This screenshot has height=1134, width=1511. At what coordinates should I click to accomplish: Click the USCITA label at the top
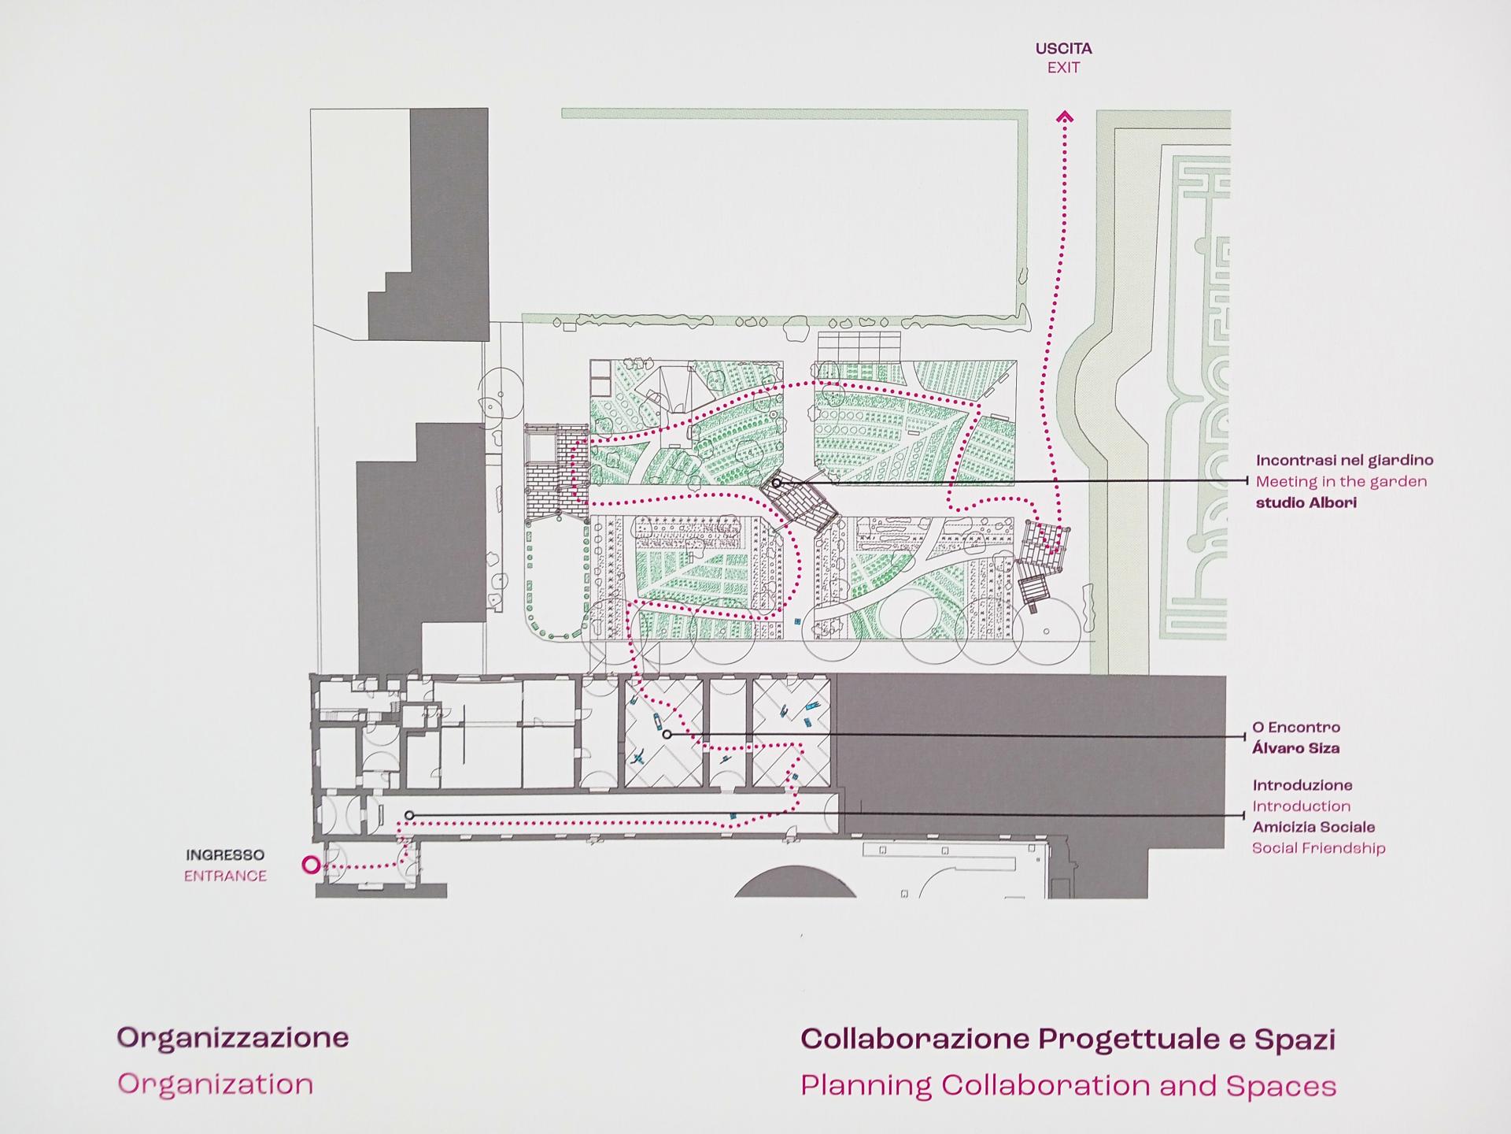(x=1063, y=48)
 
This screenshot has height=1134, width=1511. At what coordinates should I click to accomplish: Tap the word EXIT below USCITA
(x=1063, y=68)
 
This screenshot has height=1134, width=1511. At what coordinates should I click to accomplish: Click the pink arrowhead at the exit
(x=1065, y=117)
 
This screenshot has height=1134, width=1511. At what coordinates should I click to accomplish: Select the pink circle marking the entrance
(x=311, y=865)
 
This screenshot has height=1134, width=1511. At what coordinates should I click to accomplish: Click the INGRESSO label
(x=225, y=854)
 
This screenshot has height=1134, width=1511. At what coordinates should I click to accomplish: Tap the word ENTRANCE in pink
(x=225, y=876)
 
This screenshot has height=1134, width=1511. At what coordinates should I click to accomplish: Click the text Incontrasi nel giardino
(x=1344, y=460)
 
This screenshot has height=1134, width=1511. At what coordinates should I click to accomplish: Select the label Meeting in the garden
(x=1341, y=481)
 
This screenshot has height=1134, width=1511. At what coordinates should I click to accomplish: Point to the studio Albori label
(x=1306, y=502)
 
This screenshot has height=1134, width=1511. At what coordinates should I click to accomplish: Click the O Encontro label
(x=1296, y=727)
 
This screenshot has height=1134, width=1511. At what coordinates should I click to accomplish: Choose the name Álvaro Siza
(x=1295, y=748)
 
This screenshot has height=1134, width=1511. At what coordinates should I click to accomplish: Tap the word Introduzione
(x=1302, y=785)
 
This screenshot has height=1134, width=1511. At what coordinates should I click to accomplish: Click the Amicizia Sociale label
(x=1313, y=827)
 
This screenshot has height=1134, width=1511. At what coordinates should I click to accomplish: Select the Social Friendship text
(x=1318, y=848)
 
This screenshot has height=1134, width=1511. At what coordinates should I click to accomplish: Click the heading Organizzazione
(x=233, y=1037)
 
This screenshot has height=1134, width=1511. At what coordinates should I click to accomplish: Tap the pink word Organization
(x=216, y=1084)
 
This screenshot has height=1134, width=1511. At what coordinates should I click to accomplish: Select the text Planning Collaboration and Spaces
(x=1068, y=1086)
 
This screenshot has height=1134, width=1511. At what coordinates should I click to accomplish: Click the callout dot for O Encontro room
(x=667, y=735)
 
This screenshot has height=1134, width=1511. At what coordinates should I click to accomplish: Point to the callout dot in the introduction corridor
(x=409, y=815)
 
